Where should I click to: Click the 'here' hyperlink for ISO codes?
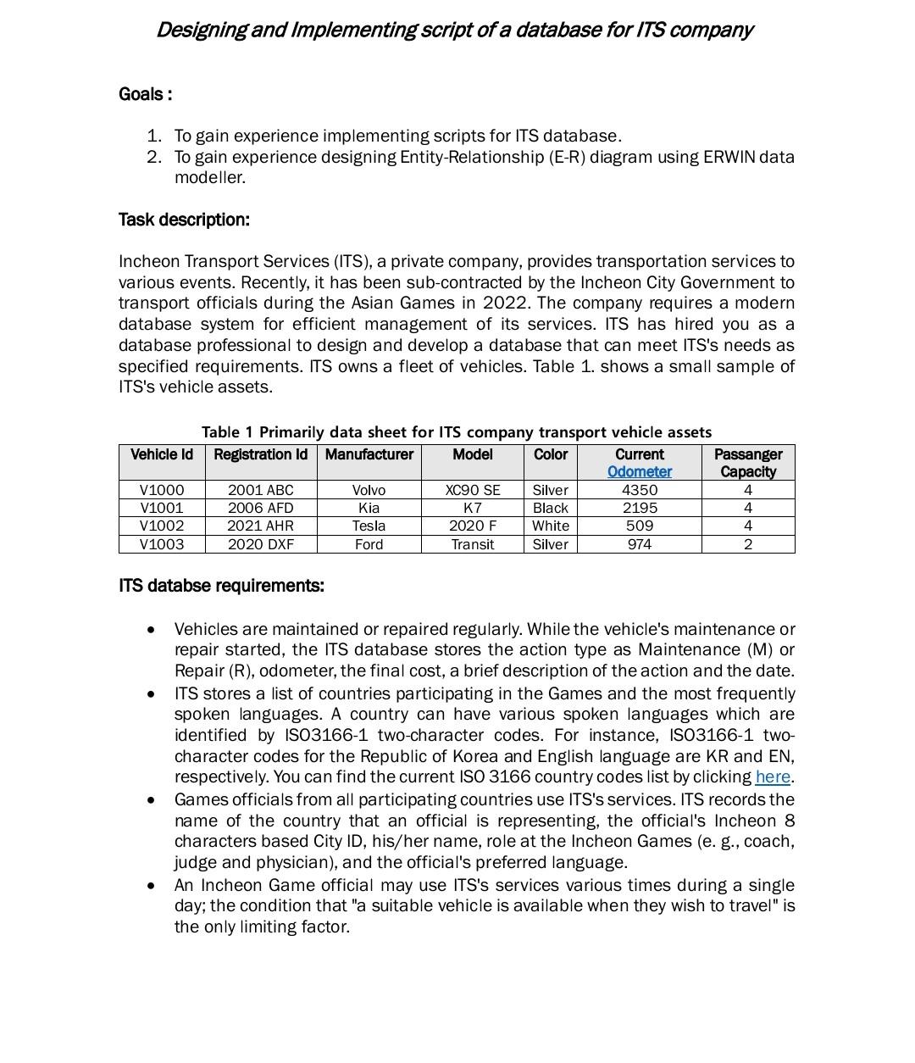pyautogui.click(x=772, y=777)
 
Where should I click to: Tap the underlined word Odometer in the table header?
pyautogui.click(x=639, y=472)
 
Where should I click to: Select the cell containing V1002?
pyautogui.click(x=161, y=526)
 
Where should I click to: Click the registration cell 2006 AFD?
pyautogui.click(x=260, y=508)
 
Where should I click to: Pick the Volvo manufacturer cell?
pyautogui.click(x=369, y=490)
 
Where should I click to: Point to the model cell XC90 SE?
pyautogui.click(x=472, y=490)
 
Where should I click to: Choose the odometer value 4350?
pyautogui.click(x=639, y=490)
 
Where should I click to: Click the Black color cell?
pyautogui.click(x=550, y=508)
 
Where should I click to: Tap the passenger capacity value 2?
pyautogui.click(x=747, y=544)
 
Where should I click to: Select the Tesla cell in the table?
pyautogui.click(x=369, y=526)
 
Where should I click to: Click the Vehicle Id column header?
pyautogui.click(x=161, y=454)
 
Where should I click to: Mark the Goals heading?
pyautogui.click(x=145, y=94)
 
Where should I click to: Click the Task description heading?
pyautogui.click(x=184, y=220)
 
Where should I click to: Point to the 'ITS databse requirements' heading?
pyautogui.click(x=221, y=586)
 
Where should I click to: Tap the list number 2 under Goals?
pyautogui.click(x=153, y=157)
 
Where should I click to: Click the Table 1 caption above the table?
pyautogui.click(x=456, y=432)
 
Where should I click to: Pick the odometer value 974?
pyautogui.click(x=639, y=544)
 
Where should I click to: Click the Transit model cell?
pyautogui.click(x=472, y=544)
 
